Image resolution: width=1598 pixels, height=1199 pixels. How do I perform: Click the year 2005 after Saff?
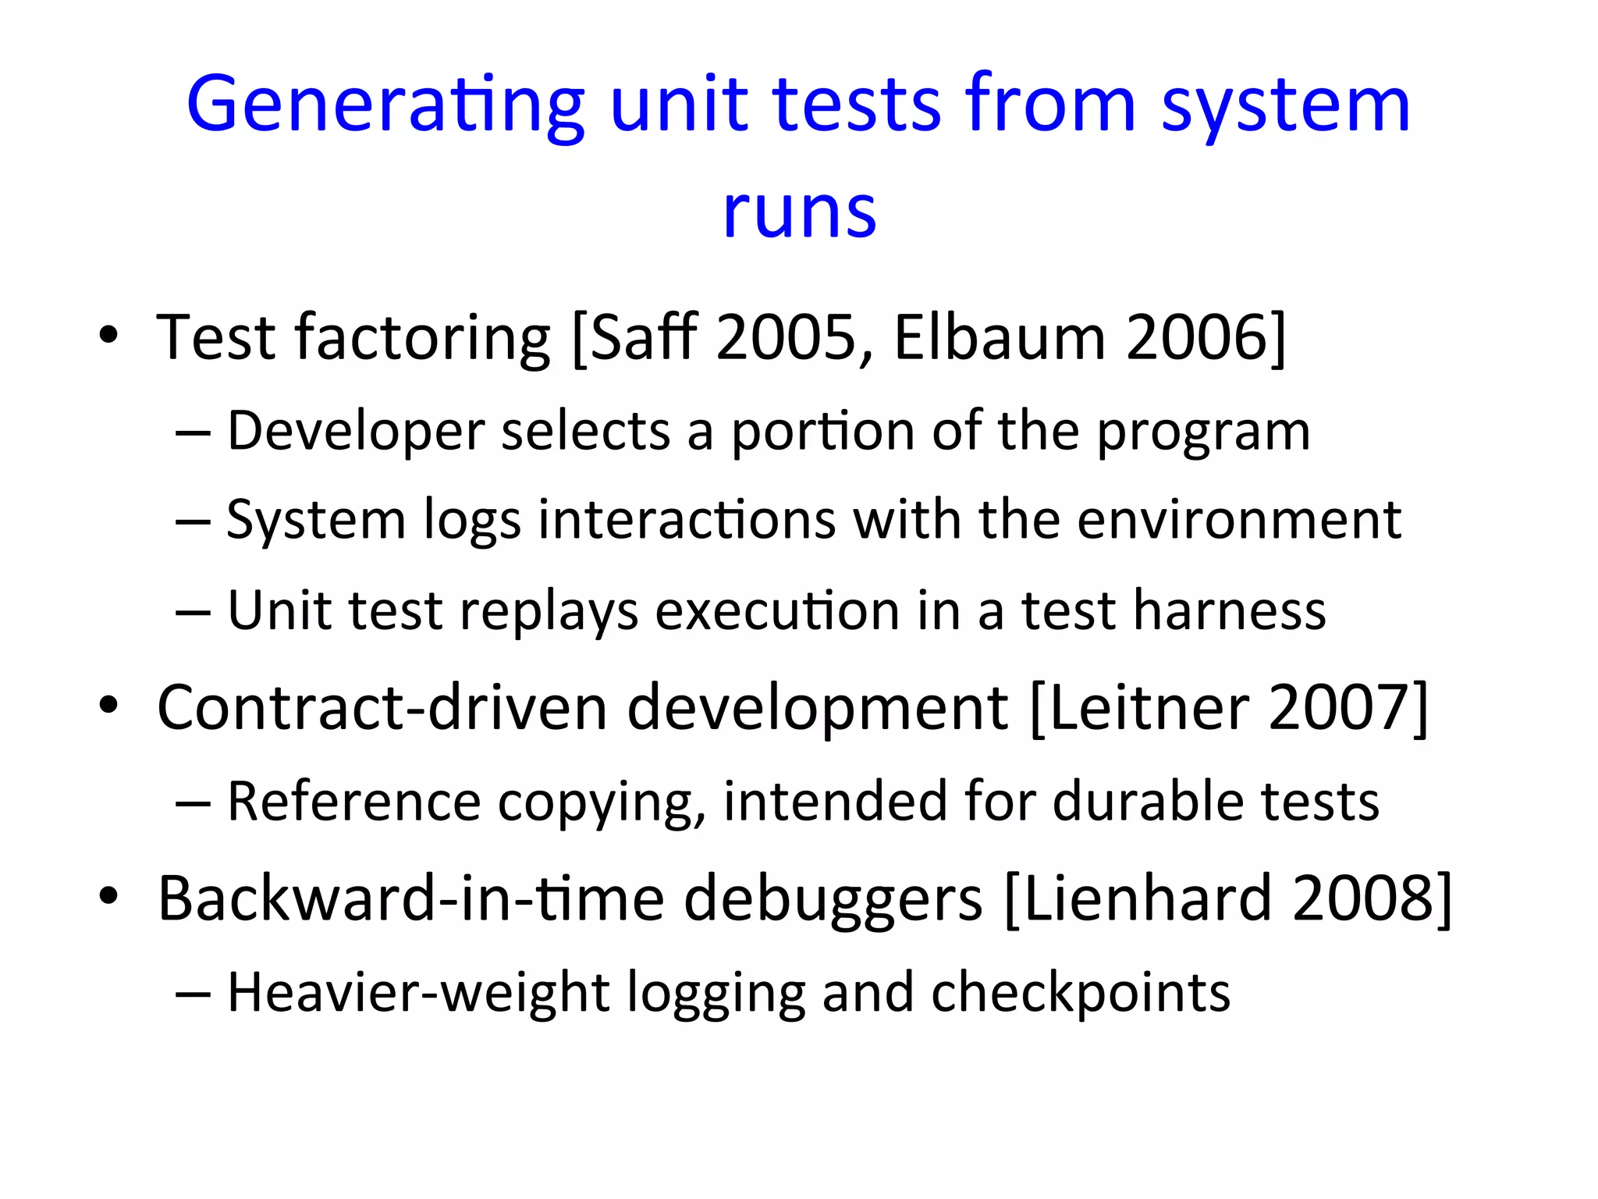click(787, 337)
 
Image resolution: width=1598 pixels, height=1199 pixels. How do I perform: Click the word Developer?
click(356, 432)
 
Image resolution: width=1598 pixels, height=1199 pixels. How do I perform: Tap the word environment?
click(1239, 520)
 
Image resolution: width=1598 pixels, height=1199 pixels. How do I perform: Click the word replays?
click(549, 611)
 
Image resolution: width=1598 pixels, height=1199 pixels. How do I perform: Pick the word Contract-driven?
click(382, 707)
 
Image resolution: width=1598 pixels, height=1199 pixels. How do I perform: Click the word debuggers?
click(833, 900)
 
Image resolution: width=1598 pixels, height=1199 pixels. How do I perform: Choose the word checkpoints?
click(1081, 994)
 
